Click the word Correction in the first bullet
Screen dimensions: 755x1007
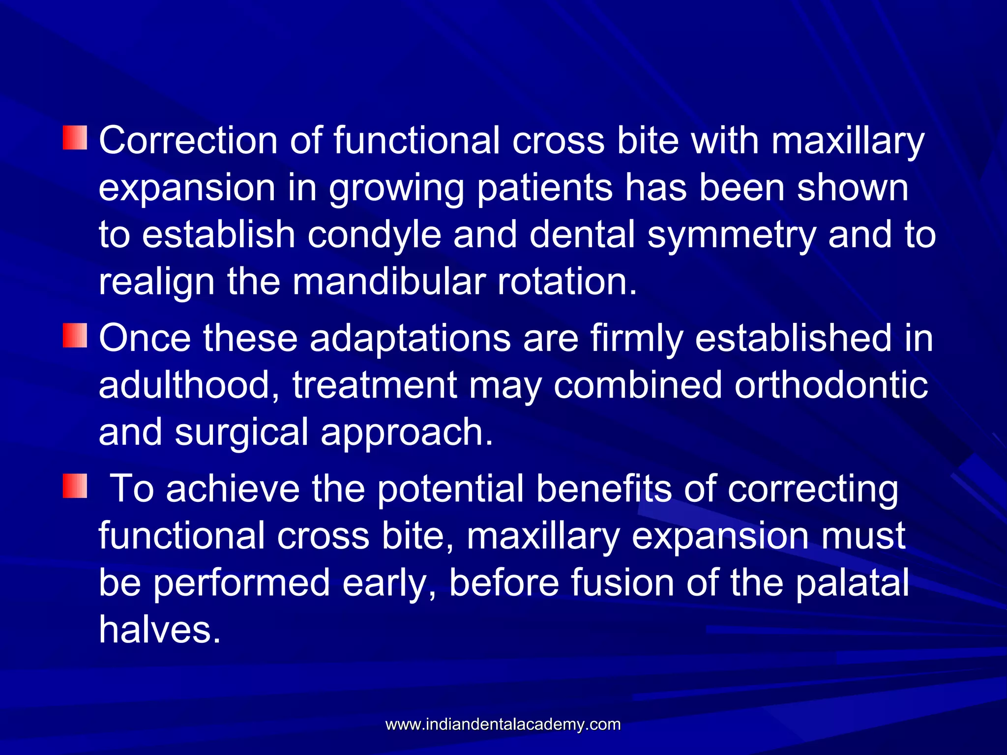[x=188, y=141]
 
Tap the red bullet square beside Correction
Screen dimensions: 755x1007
[x=75, y=138]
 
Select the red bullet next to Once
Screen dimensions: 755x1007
[x=75, y=335]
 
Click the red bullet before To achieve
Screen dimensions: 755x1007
[x=75, y=486]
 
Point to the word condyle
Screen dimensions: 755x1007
[x=374, y=235]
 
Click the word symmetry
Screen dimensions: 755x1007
[x=731, y=235]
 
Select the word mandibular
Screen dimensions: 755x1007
[x=389, y=282]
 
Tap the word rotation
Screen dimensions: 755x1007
[x=567, y=282]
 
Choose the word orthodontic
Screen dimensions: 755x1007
[x=831, y=385]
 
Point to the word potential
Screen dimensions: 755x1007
[x=450, y=489]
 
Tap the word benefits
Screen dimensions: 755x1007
[x=604, y=489]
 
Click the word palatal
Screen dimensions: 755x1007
[x=852, y=582]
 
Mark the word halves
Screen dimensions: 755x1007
[x=160, y=630]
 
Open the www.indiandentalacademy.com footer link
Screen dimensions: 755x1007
[x=503, y=724]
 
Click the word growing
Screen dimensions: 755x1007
[x=396, y=189]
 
